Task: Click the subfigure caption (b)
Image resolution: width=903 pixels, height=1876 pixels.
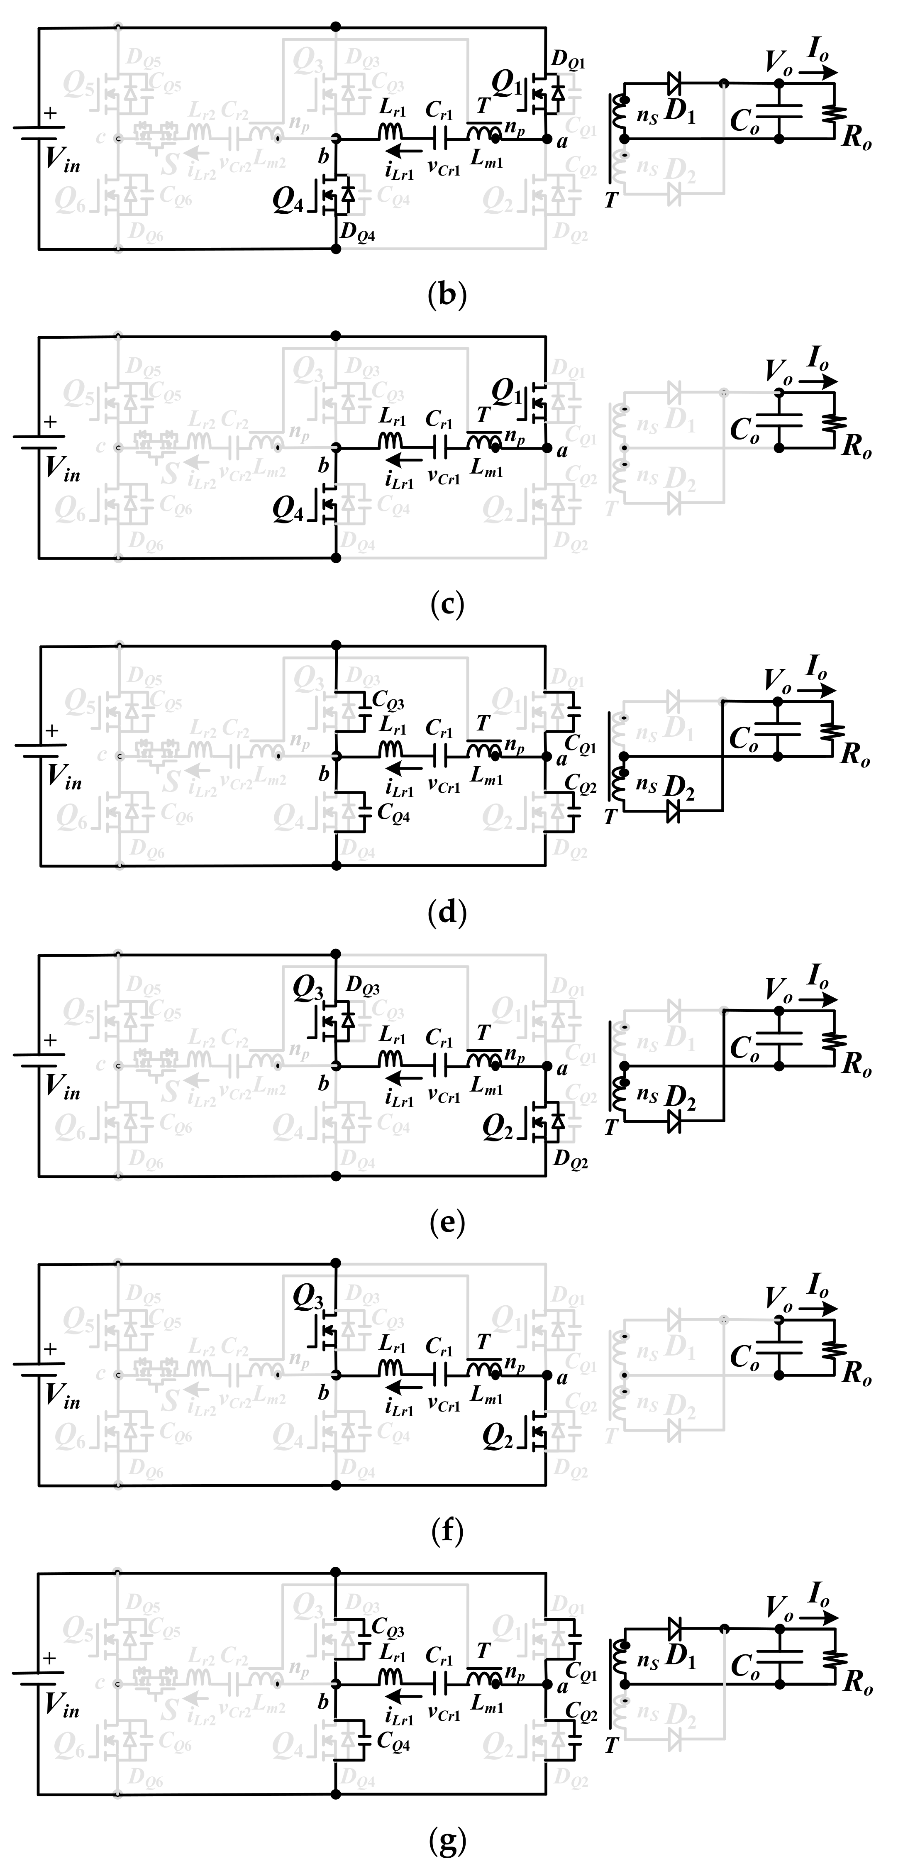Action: [447, 295]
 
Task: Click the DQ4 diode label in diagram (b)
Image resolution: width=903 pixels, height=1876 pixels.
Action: [358, 233]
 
